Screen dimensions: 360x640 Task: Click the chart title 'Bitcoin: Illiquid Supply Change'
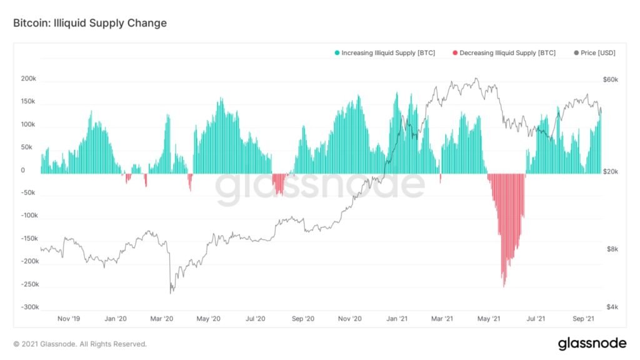[90, 23]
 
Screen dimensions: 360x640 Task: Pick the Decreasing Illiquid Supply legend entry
[507, 53]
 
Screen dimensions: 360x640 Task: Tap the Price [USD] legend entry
[597, 53]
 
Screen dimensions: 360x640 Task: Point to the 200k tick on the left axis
[27, 79]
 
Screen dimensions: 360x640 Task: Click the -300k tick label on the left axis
[26, 307]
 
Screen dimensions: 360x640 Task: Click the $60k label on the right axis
[611, 79]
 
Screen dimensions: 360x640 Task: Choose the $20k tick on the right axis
[611, 171]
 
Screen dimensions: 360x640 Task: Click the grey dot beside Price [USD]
[576, 53]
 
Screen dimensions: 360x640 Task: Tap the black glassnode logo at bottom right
[591, 343]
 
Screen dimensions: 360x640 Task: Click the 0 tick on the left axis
[23, 170]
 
